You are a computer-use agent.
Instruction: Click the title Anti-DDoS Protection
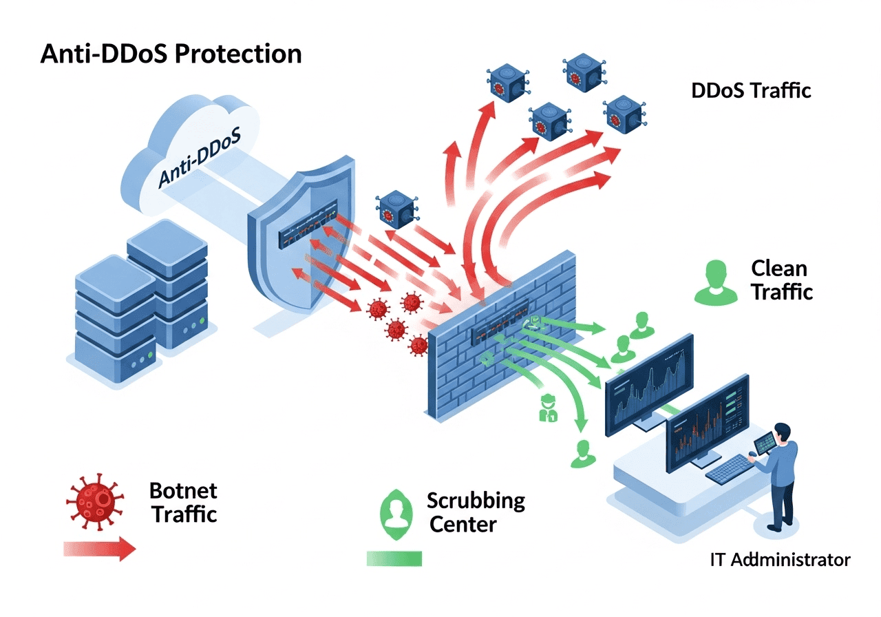pos(171,54)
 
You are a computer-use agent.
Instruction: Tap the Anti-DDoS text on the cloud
pos(199,158)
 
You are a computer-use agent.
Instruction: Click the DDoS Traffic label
pos(751,90)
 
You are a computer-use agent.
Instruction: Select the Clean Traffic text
pos(781,280)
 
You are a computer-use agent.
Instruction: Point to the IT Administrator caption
pos(780,559)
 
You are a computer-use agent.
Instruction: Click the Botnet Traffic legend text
pos(183,502)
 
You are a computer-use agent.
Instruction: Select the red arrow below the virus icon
pos(99,549)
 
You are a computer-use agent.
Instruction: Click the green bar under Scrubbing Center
pos(394,558)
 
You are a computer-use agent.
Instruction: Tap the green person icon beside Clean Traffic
pos(715,282)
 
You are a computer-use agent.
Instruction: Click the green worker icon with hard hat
pos(548,407)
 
